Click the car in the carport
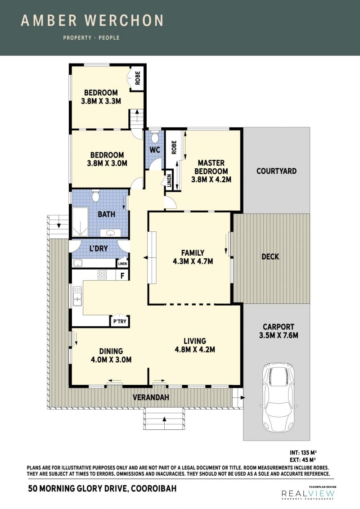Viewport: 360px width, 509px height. [279, 397]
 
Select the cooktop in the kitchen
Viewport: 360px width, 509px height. [102, 275]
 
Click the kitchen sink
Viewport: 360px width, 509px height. [77, 296]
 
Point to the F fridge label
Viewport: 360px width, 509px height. [122, 276]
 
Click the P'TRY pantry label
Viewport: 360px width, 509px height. [120, 321]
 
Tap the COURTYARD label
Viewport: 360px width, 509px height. [277, 171]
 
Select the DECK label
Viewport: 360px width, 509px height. [270, 257]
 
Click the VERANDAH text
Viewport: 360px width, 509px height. [151, 397]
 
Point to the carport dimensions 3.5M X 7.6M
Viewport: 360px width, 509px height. [279, 335]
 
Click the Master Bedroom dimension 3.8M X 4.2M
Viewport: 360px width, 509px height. [211, 180]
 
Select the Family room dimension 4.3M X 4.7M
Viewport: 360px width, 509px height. [193, 261]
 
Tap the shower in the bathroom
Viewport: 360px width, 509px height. [80, 222]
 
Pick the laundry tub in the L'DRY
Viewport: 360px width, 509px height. [78, 263]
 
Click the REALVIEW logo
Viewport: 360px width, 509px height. [308, 494]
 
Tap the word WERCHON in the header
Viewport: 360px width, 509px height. [124, 21]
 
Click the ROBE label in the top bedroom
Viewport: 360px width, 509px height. [138, 78]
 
